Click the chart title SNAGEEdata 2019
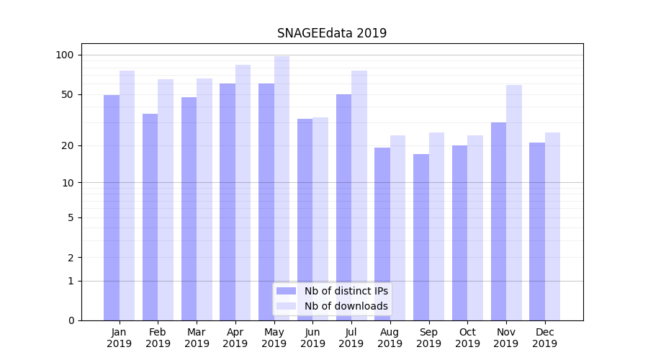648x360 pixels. [332, 33]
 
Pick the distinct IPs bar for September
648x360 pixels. [421, 237]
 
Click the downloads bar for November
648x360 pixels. [514, 202]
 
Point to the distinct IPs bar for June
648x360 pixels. [305, 220]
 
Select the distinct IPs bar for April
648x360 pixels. [228, 202]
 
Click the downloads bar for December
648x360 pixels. [552, 226]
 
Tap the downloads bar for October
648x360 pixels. [475, 228]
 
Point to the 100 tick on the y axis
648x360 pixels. [65, 55]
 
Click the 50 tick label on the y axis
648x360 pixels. [68, 94]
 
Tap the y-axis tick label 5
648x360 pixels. [71, 217]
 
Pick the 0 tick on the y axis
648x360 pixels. [71, 320]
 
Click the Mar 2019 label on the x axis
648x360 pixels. [197, 338]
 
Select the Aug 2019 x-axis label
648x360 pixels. [390, 338]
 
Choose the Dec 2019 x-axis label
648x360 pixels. [544, 338]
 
